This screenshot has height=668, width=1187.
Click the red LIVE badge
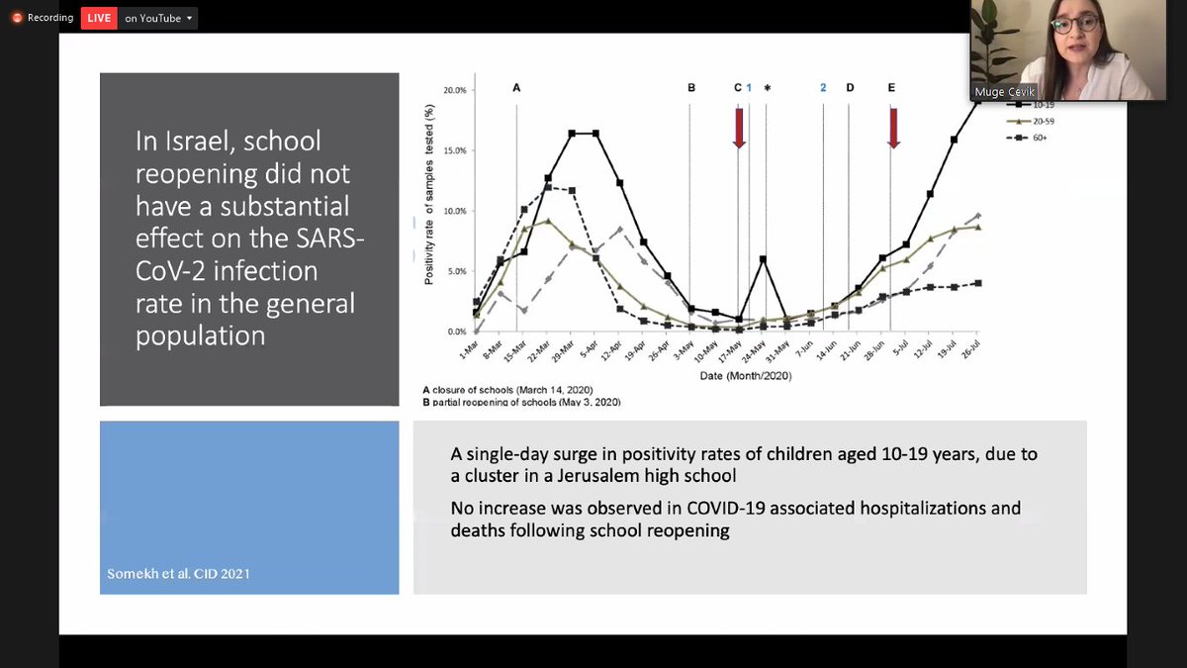(100, 17)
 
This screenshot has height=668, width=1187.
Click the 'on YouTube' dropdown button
(159, 17)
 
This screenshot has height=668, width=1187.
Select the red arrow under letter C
(738, 128)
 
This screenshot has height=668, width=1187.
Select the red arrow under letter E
(892, 128)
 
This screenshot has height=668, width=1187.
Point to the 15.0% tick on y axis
(451, 150)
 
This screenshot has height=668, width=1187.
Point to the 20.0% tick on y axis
(451, 90)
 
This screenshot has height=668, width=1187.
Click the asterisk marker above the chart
(767, 88)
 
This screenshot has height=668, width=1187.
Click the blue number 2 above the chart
(823, 88)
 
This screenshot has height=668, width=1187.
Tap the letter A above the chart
(515, 88)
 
